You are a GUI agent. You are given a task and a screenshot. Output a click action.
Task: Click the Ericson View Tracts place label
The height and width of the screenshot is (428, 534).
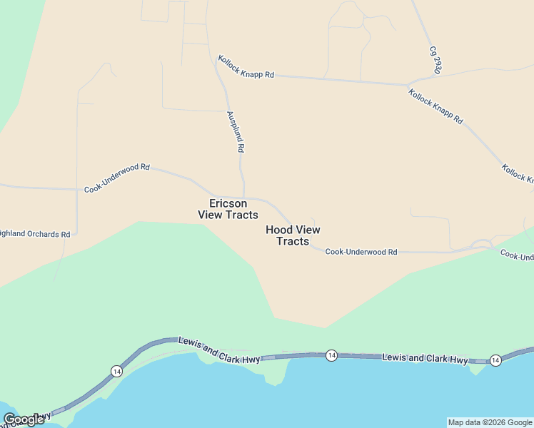click(228, 209)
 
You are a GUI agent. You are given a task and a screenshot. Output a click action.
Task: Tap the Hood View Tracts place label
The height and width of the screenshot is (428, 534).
click(293, 235)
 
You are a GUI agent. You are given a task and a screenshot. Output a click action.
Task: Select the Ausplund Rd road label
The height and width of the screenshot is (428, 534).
click(236, 132)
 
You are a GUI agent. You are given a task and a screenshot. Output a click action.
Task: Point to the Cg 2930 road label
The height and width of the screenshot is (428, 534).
click(434, 60)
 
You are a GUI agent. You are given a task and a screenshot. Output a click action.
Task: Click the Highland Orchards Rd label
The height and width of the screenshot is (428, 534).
click(36, 234)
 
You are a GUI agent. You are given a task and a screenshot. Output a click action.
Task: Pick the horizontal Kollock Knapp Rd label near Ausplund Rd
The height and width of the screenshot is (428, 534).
click(246, 68)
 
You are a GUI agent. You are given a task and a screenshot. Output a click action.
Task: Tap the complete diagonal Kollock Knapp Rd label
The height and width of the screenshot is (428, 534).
click(435, 106)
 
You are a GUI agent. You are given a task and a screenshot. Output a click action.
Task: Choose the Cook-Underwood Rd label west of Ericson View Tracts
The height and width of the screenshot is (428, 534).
click(117, 178)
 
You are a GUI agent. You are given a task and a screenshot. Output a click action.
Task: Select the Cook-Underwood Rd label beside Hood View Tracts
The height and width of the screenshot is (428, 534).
click(361, 252)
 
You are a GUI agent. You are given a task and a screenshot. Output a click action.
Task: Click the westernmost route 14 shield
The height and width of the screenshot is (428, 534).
click(116, 370)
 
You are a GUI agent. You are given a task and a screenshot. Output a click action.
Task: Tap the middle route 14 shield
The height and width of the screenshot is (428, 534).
click(331, 355)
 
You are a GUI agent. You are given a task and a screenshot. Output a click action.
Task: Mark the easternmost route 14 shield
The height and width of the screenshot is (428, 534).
click(495, 360)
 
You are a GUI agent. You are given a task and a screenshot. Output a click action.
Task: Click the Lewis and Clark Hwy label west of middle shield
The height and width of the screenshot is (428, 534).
click(219, 351)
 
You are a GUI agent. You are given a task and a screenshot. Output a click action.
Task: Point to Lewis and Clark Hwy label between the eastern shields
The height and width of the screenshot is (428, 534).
click(425, 359)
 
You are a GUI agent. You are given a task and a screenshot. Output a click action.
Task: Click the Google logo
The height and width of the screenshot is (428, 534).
click(24, 419)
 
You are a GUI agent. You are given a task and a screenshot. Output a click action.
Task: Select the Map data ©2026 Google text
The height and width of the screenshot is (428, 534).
click(490, 422)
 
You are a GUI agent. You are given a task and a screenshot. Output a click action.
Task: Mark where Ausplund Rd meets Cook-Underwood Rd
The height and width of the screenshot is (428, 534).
click(244, 198)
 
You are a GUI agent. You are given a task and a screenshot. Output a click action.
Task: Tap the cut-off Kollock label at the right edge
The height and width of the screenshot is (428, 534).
click(518, 173)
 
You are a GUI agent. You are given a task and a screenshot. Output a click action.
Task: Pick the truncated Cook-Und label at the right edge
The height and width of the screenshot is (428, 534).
click(517, 255)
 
